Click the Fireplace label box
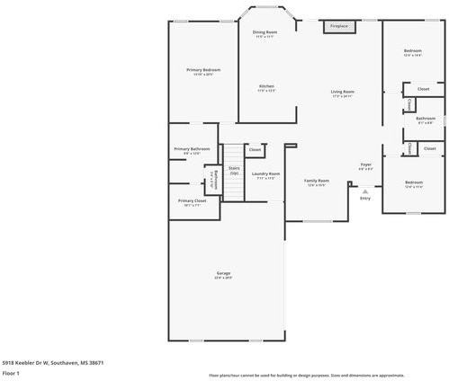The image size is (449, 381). pyautogui.click(x=338, y=27)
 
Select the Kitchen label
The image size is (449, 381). pyautogui.click(x=266, y=88)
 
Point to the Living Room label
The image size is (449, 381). pyautogui.click(x=342, y=93)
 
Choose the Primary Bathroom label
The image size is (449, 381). pyautogui.click(x=192, y=150)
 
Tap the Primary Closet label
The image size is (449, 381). pyautogui.click(x=192, y=202)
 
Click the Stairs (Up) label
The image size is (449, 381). pyautogui.click(x=234, y=169)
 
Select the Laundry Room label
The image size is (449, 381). pyautogui.click(x=265, y=175)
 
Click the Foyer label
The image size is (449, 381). pyautogui.click(x=366, y=165)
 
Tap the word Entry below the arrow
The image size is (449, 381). pyautogui.click(x=364, y=198)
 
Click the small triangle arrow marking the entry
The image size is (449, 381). pyautogui.click(x=364, y=190)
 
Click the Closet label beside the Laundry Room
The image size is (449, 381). pyautogui.click(x=255, y=149)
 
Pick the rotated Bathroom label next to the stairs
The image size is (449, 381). pyautogui.click(x=214, y=179)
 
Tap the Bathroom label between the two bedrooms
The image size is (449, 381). pyautogui.click(x=425, y=120)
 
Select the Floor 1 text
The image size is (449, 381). pyautogui.click(x=11, y=372)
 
